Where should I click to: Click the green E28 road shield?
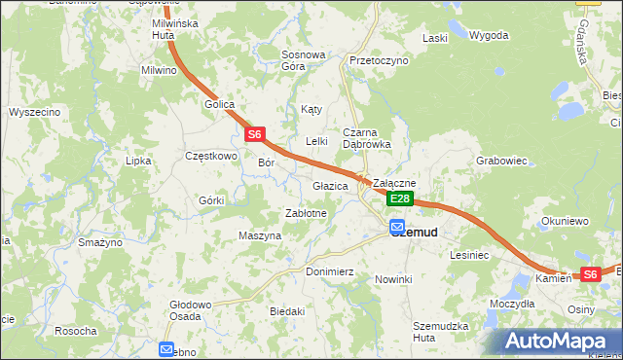click(399, 198)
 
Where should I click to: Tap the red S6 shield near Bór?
click(254, 134)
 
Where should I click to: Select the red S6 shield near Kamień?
click(590, 275)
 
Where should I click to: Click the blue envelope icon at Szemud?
click(397, 230)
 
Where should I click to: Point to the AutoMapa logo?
click(558, 342)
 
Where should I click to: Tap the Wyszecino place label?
click(35, 112)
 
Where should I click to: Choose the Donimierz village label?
click(329, 271)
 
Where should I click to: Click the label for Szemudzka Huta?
click(440, 331)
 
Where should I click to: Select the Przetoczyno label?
click(379, 60)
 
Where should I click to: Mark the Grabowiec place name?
click(501, 161)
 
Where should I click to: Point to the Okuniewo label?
click(566, 221)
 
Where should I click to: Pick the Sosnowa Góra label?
click(303, 60)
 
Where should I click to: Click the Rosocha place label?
click(76, 331)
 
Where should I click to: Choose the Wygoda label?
click(489, 36)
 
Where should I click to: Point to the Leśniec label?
click(468, 254)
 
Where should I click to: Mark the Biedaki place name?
click(287, 311)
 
